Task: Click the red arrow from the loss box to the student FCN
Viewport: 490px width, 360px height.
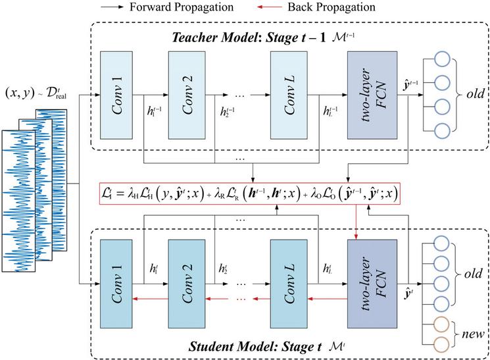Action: coord(356,217)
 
